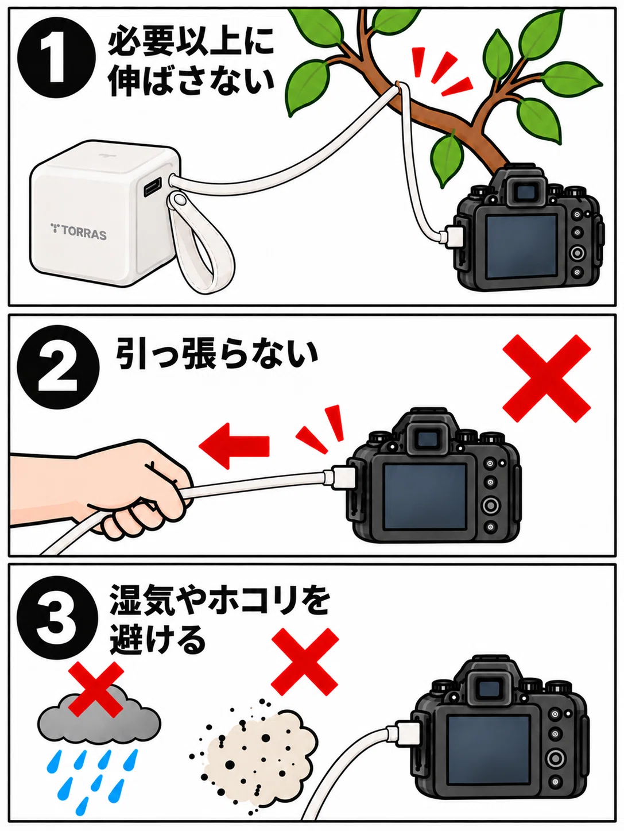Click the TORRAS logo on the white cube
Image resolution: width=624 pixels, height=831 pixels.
[x=79, y=232]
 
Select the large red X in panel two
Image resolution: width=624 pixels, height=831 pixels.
[x=547, y=378]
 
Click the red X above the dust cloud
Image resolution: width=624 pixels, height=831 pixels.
[x=305, y=662]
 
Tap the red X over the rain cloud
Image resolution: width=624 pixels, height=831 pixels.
[x=96, y=689]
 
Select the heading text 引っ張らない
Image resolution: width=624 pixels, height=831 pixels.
[x=216, y=355]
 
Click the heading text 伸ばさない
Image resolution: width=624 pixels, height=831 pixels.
[x=191, y=80]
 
